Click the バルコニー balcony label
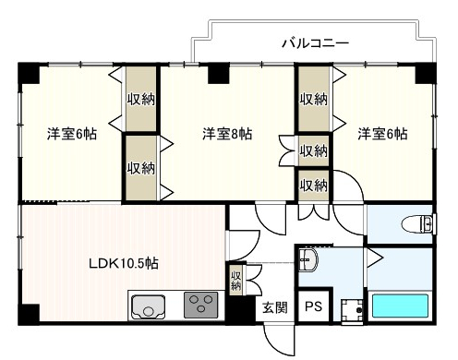[x=316, y=43]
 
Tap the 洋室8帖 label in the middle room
[x=227, y=134]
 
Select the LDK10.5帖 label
[x=124, y=263]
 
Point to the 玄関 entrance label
[x=275, y=307]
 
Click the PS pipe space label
[x=313, y=306]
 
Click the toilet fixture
[x=418, y=223]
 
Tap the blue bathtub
[x=400, y=306]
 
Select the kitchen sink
[x=148, y=306]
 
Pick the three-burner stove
[x=200, y=305]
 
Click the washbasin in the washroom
[x=308, y=260]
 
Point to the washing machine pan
[x=352, y=310]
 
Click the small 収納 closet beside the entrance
[x=236, y=281]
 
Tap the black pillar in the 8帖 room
[x=219, y=74]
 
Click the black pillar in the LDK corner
[x=30, y=314]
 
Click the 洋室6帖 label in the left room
[x=72, y=134]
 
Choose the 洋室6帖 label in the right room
[x=382, y=134]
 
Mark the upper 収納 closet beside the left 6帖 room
[x=141, y=99]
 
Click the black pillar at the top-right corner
[x=426, y=73]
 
